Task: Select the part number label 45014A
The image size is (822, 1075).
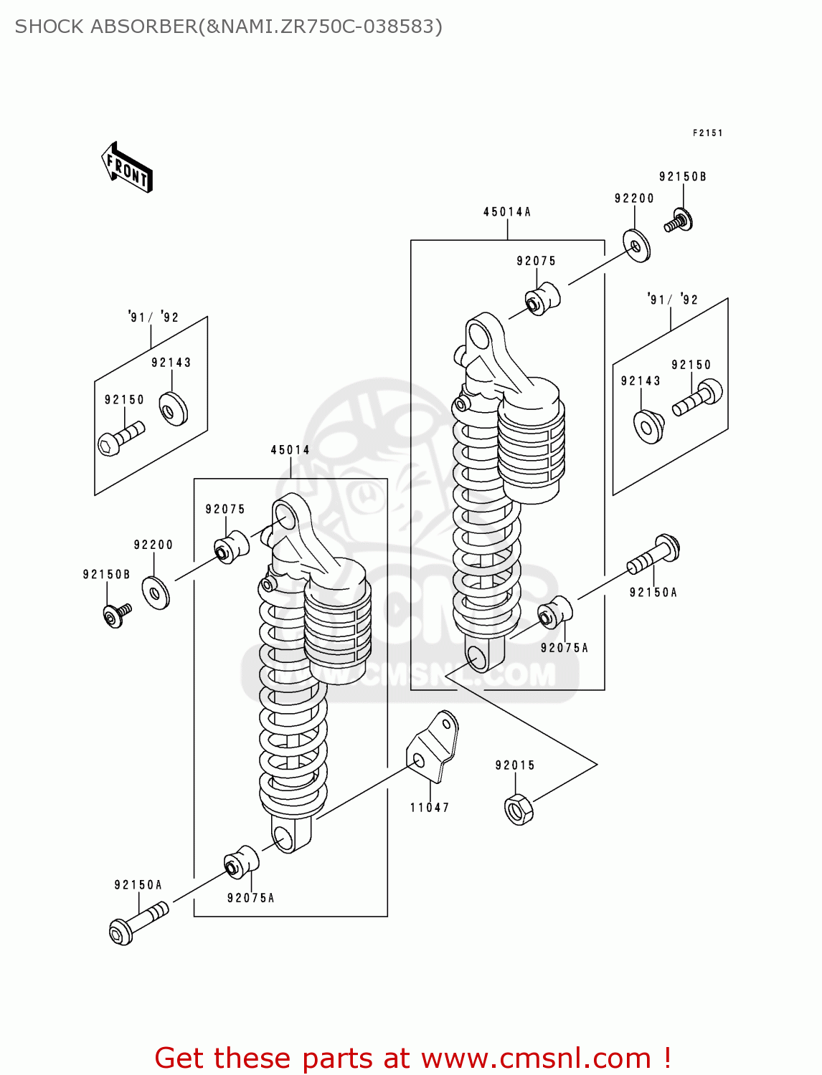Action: coord(506,212)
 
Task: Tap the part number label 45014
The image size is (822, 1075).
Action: coord(290,450)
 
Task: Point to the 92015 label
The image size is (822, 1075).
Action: coord(515,765)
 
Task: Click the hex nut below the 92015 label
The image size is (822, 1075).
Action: coord(519,810)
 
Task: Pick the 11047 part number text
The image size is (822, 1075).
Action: coord(430,808)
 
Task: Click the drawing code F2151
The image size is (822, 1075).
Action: coord(707,133)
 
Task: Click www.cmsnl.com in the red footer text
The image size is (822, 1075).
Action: coord(535,1059)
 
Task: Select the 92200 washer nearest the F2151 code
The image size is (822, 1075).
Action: coord(636,245)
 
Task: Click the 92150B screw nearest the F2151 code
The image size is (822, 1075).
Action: coord(679,221)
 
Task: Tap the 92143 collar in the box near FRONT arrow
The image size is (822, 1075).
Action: coord(173,409)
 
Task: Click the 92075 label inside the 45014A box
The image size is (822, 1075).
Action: coord(536,262)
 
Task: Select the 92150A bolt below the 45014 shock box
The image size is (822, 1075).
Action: coord(138,922)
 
